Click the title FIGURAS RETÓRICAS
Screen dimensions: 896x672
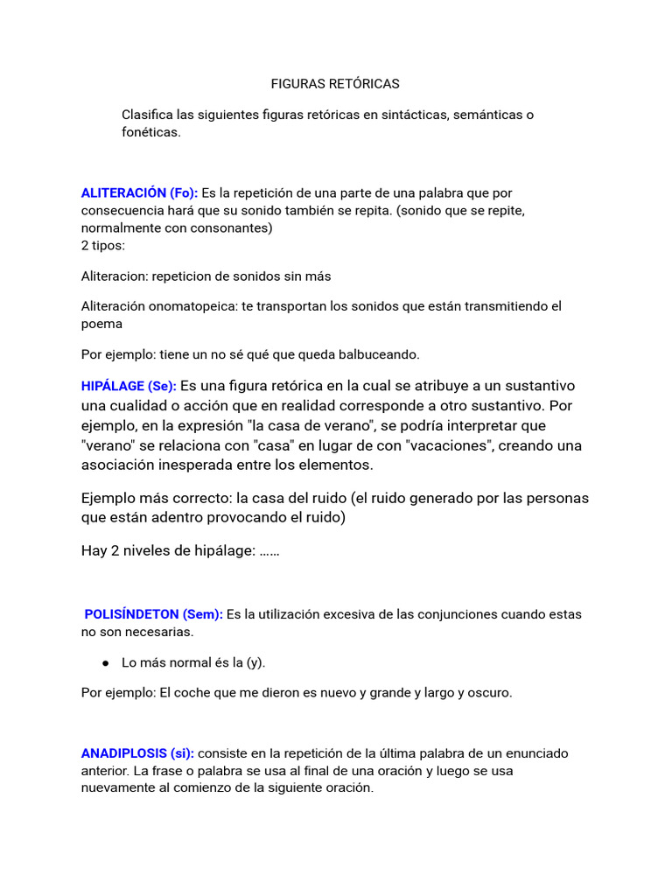pos(335,84)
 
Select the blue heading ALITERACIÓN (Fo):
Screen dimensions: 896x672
pos(139,192)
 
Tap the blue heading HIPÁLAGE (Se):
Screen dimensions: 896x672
pos(129,386)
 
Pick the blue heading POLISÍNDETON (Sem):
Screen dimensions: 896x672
pos(154,614)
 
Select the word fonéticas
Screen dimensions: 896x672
pos(150,132)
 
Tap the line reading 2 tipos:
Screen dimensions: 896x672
pos(102,245)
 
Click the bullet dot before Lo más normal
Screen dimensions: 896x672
pos(105,663)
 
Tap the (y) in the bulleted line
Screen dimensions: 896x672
pos(255,662)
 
